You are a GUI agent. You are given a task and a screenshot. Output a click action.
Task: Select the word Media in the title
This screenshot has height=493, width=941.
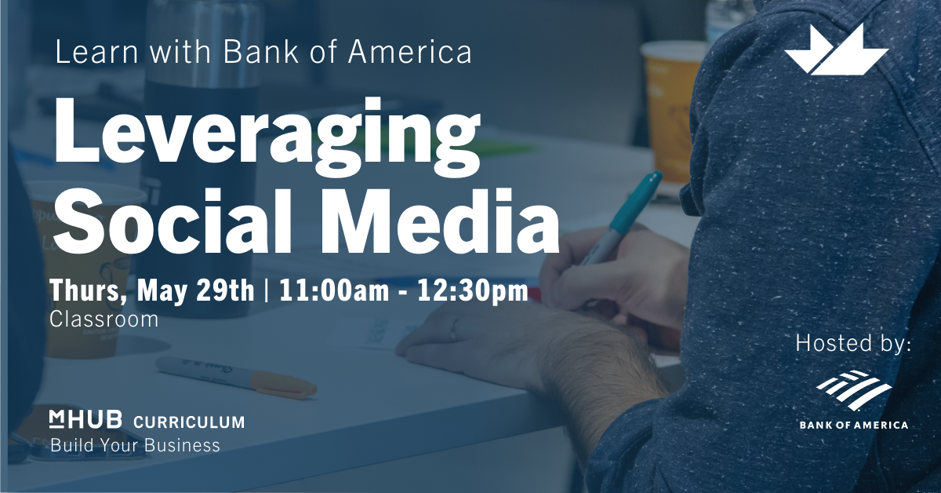click(x=440, y=221)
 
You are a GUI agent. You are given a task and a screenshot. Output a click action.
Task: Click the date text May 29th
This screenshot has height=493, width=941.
click(x=195, y=290)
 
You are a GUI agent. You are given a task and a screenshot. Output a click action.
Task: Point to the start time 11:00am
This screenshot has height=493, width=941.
click(x=334, y=290)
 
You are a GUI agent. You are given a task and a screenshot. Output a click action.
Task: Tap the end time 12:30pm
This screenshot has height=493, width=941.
click(x=472, y=291)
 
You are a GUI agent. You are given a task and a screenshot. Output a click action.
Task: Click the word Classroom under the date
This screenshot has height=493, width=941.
click(x=104, y=320)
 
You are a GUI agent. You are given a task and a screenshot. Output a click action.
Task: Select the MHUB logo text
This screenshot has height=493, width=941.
click(x=85, y=419)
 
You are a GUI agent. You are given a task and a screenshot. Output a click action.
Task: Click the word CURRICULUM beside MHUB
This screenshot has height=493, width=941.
click(x=189, y=422)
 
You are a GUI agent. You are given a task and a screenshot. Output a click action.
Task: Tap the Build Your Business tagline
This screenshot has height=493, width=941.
click(x=135, y=445)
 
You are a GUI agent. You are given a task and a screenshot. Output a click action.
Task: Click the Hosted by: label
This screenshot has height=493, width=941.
click(x=853, y=343)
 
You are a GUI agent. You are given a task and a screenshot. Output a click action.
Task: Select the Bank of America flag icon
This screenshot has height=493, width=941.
click(x=854, y=390)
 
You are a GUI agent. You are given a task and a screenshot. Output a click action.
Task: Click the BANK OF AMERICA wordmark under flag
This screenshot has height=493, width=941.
click(x=854, y=425)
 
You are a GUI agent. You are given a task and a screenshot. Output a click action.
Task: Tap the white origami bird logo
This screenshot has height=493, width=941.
click(x=836, y=50)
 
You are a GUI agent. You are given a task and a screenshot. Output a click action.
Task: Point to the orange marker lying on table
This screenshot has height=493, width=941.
click(x=237, y=378)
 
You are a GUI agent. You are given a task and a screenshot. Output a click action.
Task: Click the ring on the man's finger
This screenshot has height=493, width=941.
click(x=455, y=330)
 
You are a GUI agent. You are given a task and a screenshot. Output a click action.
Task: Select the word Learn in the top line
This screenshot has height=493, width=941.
click(x=97, y=52)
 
